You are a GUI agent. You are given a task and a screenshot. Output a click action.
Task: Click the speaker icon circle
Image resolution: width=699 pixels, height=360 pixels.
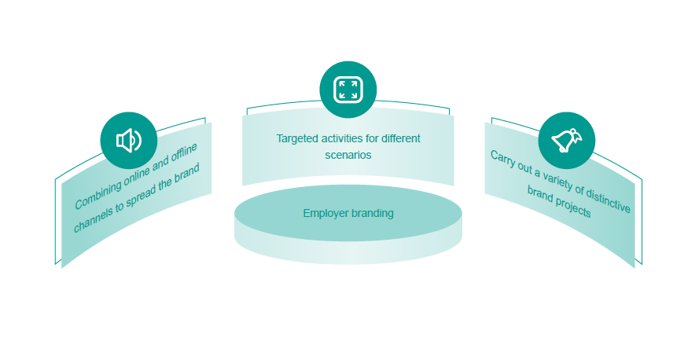tap(128, 141)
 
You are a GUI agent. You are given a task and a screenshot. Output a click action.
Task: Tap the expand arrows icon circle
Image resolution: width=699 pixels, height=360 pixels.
tap(348, 89)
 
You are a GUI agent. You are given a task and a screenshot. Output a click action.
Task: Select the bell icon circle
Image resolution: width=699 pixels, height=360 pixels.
tap(566, 140)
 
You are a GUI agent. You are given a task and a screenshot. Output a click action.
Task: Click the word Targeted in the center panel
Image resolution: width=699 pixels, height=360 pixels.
tap(298, 138)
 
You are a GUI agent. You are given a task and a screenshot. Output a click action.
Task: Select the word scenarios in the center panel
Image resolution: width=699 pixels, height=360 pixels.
tap(348, 155)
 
